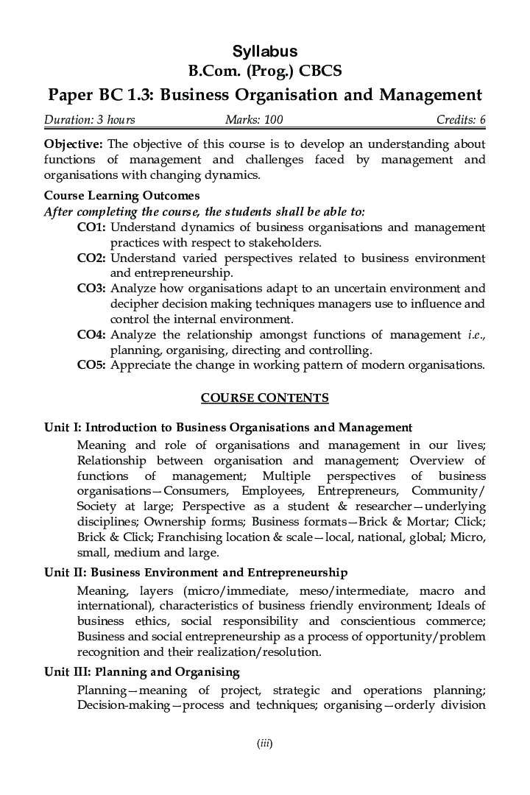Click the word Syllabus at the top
point(265,51)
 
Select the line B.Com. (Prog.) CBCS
point(265,71)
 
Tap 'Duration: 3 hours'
point(89,120)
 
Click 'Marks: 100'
point(254,120)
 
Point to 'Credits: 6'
point(461,120)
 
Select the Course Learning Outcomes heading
point(122,196)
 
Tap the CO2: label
point(91,258)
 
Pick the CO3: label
point(91,289)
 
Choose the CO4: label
point(91,335)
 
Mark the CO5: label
point(91,365)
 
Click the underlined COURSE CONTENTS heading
point(265,398)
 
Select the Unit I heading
point(227,428)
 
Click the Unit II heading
point(196,573)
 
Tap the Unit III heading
point(142,671)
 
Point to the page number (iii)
point(265,743)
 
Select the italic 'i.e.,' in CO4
point(476,335)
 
